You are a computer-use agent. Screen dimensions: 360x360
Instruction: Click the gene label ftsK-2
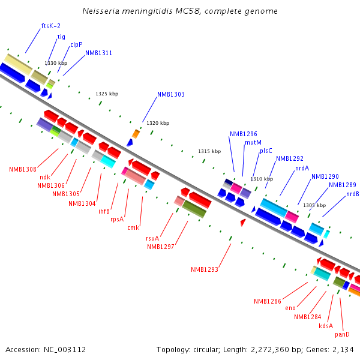tap(50, 26)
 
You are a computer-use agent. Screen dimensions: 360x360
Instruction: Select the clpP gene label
tap(76, 44)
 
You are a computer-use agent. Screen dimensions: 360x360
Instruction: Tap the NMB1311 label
tap(98, 53)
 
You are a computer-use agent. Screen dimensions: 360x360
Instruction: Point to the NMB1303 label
tap(171, 94)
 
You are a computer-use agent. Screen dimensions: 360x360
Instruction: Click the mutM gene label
tap(253, 142)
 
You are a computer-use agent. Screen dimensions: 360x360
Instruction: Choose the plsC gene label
tap(266, 151)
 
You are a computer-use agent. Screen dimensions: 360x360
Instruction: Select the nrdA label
tap(302, 168)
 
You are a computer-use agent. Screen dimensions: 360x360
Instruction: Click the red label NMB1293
tap(205, 269)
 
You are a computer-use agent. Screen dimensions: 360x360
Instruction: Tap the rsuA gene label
tap(152, 238)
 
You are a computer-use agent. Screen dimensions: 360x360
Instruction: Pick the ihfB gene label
tap(104, 211)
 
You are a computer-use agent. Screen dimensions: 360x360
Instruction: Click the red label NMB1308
tap(23, 169)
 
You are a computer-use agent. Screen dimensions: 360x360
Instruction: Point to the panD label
tap(342, 334)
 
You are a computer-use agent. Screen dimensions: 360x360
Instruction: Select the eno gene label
tap(290, 308)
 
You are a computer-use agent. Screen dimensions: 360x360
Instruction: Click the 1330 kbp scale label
tap(56, 63)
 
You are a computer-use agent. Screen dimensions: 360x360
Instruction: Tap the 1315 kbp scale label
tap(209, 151)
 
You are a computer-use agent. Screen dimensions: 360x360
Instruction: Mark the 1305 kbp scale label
tap(314, 205)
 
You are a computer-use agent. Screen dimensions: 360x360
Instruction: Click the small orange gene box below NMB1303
tap(136, 133)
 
